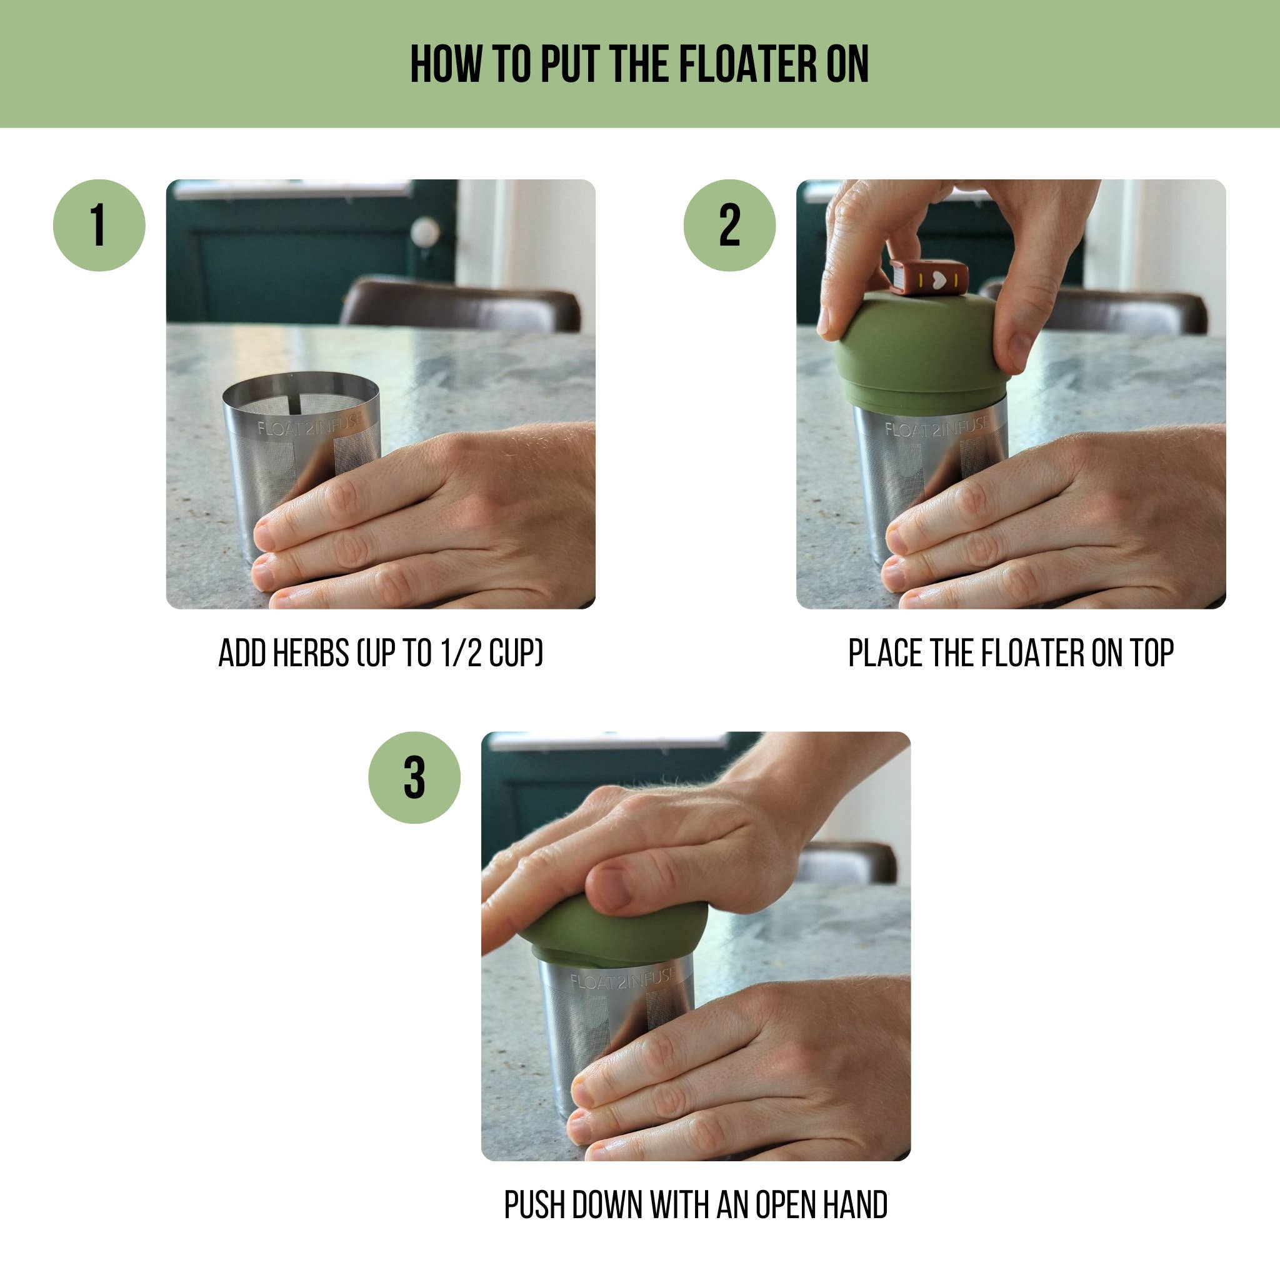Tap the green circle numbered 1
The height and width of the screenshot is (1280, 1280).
(x=99, y=225)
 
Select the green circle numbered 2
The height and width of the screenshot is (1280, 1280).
(x=729, y=225)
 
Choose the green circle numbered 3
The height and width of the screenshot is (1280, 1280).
(x=414, y=777)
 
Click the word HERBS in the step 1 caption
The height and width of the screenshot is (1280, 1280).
(x=311, y=653)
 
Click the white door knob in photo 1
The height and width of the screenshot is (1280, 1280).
(x=424, y=232)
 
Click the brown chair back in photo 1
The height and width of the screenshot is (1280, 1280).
(x=461, y=304)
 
